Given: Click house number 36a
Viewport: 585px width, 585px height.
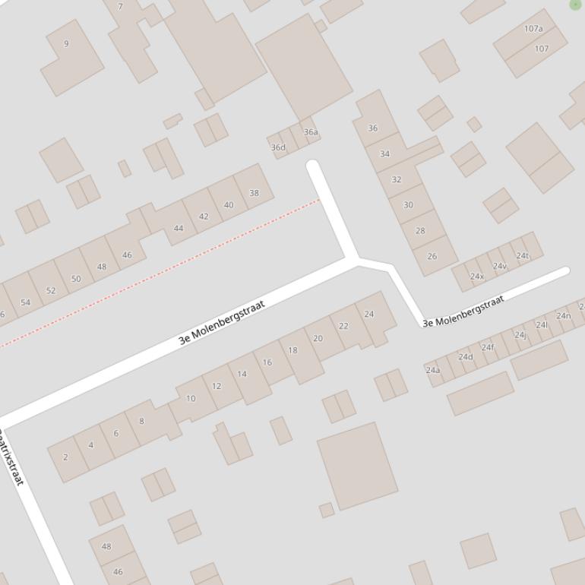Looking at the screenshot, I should click(311, 132).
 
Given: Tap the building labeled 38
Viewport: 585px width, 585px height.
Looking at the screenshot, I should click(254, 193).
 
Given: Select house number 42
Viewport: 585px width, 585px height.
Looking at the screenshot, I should click(204, 217).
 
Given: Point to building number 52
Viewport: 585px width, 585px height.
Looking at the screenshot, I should click(51, 290).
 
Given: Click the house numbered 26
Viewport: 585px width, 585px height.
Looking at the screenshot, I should click(432, 256).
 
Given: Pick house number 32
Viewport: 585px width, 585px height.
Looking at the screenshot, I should click(396, 179).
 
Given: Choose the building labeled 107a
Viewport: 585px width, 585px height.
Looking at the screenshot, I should click(533, 29).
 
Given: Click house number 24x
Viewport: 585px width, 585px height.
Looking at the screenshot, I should click(476, 277).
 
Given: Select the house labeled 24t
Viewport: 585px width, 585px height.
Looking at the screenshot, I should click(523, 255).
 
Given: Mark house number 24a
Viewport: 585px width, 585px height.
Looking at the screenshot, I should click(432, 370).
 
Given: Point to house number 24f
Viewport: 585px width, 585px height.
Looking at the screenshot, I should click(487, 348).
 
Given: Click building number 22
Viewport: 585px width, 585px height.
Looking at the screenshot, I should click(343, 326).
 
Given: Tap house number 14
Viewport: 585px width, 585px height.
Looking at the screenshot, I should click(242, 374).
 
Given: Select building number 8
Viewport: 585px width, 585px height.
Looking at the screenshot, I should click(141, 421).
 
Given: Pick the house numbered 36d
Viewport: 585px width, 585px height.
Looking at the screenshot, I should click(278, 147).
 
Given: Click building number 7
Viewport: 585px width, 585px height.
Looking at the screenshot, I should click(120, 7).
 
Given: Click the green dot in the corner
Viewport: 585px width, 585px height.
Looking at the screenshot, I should click(575, 5).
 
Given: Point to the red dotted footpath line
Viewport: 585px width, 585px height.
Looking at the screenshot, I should click(160, 271).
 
